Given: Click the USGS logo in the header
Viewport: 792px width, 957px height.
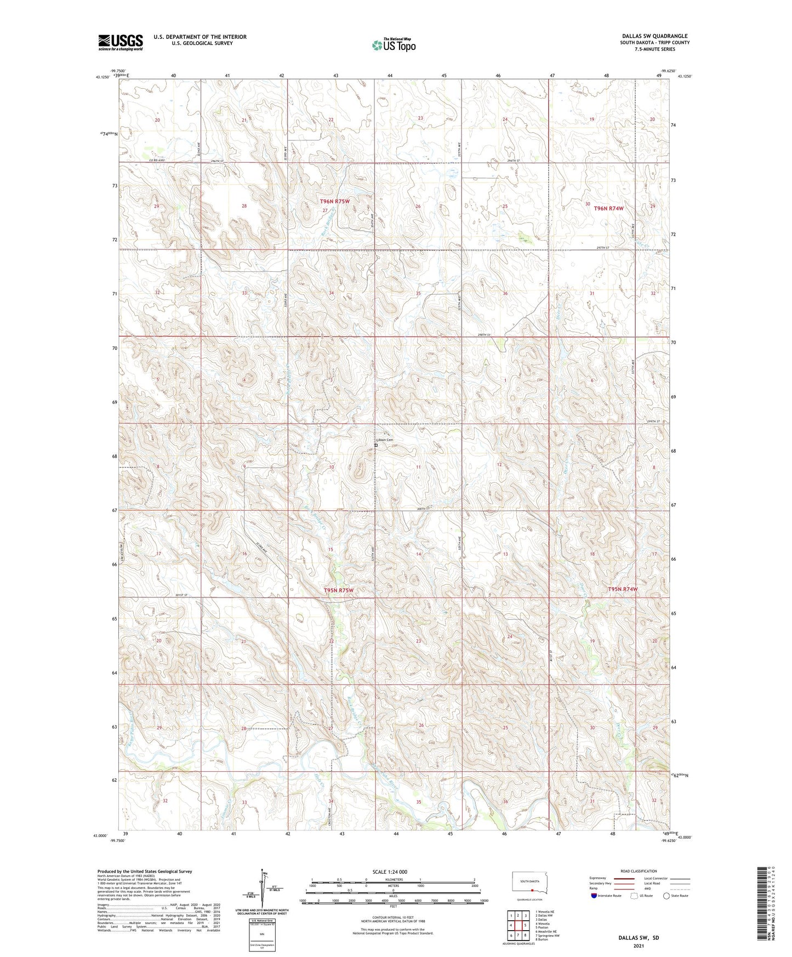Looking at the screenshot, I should coord(121,42).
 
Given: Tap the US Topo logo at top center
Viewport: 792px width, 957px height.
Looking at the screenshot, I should coord(394,45).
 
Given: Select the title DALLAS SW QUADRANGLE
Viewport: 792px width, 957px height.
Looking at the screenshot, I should coord(654,36).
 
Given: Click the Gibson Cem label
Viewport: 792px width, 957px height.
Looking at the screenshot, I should coord(384,440).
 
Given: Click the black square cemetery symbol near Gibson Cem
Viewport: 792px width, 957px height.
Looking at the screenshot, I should coord(376,446).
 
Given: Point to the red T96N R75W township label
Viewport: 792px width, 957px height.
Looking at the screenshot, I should coord(334,202).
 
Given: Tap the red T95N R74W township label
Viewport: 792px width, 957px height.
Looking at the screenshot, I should coord(623,589).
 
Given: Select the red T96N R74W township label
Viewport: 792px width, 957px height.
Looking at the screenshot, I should coord(608,208).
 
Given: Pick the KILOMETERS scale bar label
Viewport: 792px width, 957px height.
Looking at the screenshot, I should coord(394,879).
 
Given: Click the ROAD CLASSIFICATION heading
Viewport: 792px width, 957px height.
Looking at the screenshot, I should coord(639,871).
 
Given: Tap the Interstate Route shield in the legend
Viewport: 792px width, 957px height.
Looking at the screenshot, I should coord(595,896).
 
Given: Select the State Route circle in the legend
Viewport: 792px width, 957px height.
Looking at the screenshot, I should coord(666,896).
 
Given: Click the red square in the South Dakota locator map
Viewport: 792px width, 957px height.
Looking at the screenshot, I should coord(532,891).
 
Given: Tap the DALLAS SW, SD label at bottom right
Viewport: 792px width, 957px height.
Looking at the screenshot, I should coord(639,938).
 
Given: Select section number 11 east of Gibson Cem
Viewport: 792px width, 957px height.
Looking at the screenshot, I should coord(418,467).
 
